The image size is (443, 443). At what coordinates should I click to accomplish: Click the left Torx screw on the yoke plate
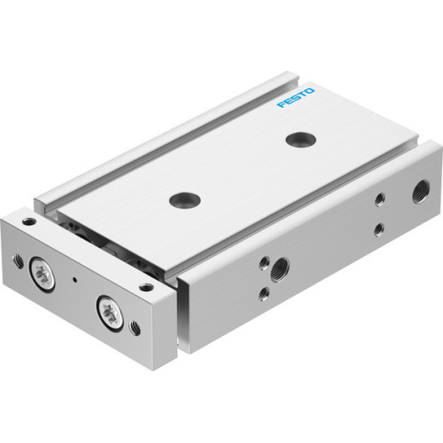pos(41,271)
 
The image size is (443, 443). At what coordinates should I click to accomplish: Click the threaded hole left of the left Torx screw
pos(19,260)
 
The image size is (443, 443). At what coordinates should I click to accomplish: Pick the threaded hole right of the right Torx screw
pos(135,327)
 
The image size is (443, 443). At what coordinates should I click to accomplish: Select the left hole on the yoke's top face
pos(29,221)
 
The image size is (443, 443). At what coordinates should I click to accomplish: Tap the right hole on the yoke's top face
pos(146,284)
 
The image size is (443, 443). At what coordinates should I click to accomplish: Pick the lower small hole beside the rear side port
pos(378,229)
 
